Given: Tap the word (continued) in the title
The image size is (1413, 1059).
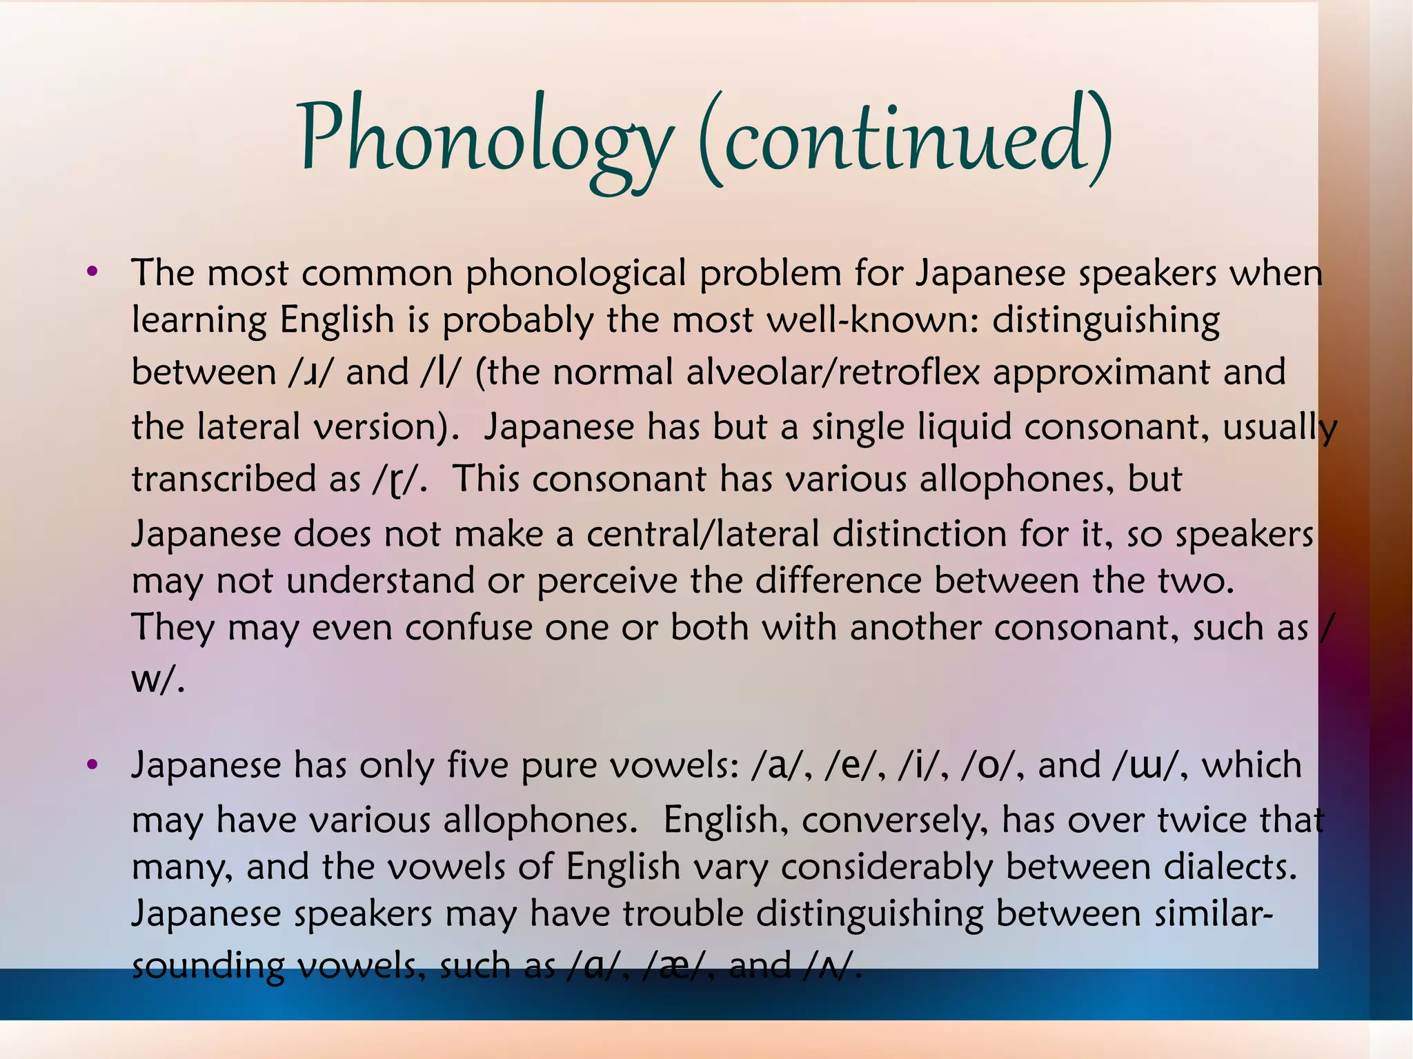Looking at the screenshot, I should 905,138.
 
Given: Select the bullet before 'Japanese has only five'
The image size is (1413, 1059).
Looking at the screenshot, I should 92,764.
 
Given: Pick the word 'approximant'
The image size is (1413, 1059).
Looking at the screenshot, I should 1101,373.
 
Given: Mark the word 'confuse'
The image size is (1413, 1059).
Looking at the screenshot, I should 468,628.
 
